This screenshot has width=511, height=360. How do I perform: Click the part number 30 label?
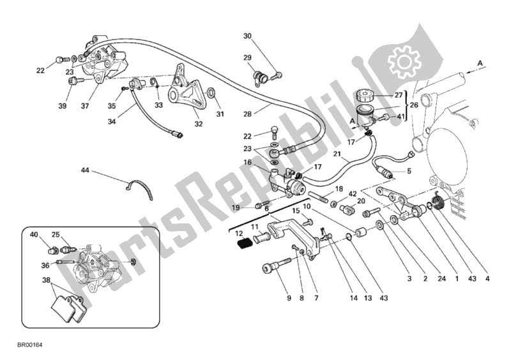[248, 36]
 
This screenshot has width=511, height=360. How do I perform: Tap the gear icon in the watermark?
[402, 61]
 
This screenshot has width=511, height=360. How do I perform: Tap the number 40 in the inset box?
[34, 235]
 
